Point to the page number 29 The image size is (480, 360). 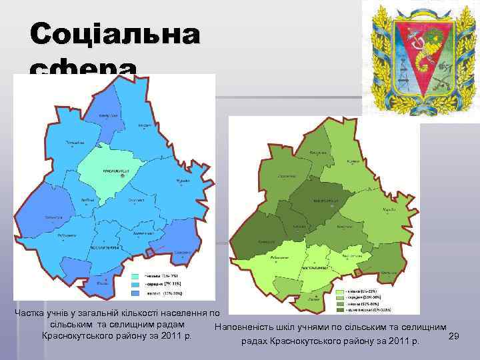coord(453,337)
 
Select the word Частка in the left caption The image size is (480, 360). coord(31,313)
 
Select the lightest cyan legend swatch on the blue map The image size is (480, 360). coord(135,276)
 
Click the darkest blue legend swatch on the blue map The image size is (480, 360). coord(135,293)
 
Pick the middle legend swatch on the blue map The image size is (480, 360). coord(135,284)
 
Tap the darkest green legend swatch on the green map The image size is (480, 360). coord(341,310)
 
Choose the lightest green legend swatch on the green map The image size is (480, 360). coord(341,291)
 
